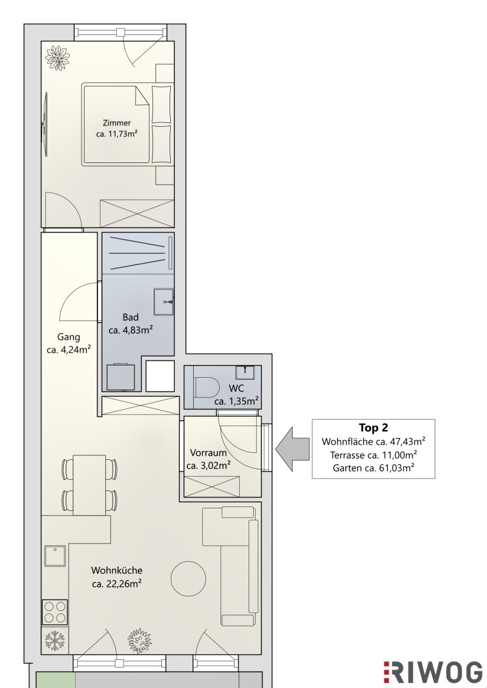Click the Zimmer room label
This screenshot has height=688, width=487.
click(x=117, y=123)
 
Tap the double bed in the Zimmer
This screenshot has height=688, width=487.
click(x=127, y=124)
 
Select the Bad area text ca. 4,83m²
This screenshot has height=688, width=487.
click(x=131, y=330)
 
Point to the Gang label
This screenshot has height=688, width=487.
click(x=68, y=337)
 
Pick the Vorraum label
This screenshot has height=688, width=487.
click(x=208, y=453)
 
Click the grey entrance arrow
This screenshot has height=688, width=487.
click(x=293, y=449)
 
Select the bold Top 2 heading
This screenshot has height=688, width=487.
click(x=374, y=428)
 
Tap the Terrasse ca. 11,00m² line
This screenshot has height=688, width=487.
click(x=374, y=455)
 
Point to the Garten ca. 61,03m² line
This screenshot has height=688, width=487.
click(x=374, y=468)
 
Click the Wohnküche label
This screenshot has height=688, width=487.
click(x=117, y=570)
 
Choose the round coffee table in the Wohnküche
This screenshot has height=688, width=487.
click(x=188, y=578)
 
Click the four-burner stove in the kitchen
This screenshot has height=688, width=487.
click(x=55, y=612)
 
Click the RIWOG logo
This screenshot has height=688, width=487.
click(x=433, y=672)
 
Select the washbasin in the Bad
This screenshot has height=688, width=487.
click(x=164, y=301)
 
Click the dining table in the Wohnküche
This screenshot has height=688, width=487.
click(x=90, y=485)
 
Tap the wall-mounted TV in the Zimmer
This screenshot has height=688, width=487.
click(x=45, y=124)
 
